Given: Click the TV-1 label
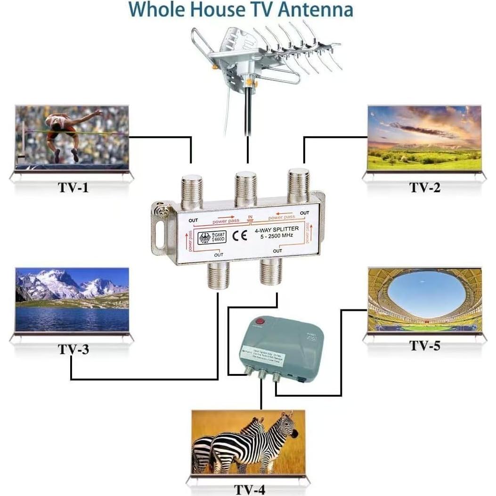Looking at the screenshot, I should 73,187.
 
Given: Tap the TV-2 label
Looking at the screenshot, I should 424,187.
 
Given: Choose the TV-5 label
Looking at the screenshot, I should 424,345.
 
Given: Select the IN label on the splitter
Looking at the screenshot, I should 251,218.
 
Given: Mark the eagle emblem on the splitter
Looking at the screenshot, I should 205,237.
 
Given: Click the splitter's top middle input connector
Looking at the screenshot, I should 246,188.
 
